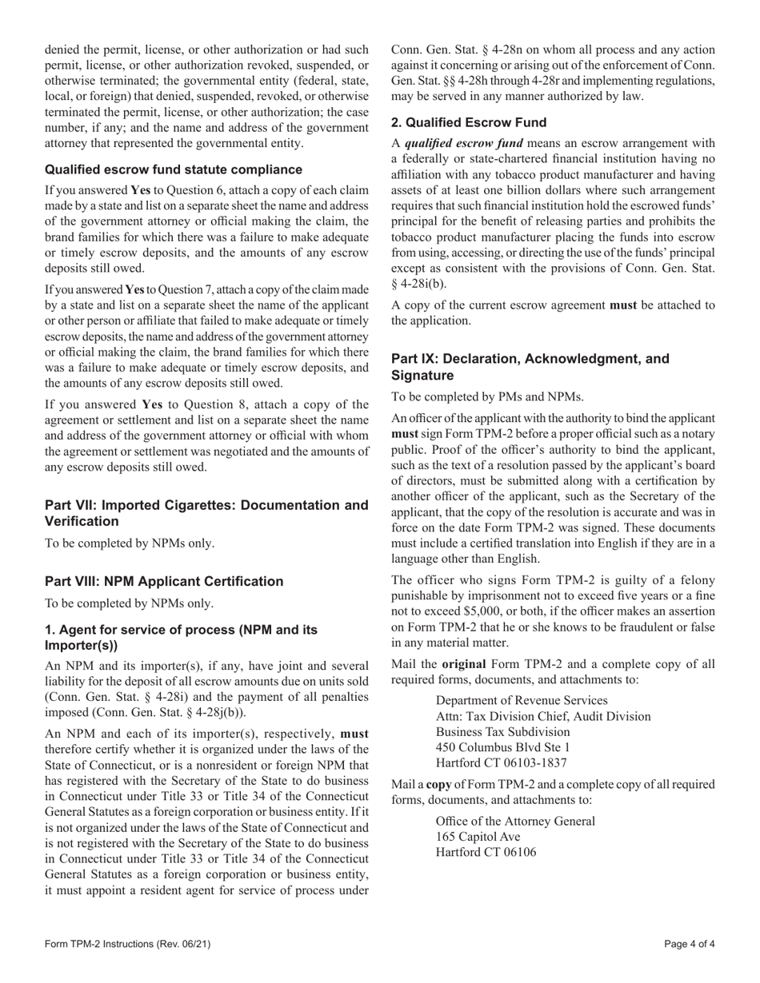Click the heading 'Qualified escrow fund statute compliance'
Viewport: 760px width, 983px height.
(174, 169)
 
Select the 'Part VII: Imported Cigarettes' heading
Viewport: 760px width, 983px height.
(206, 513)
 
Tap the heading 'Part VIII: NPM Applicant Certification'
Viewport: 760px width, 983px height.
(164, 581)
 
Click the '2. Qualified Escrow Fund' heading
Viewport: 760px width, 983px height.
(469, 122)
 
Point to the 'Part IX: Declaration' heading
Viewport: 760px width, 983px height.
(530, 367)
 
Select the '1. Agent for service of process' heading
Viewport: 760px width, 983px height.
(181, 638)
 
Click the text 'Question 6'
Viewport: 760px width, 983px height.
(205, 190)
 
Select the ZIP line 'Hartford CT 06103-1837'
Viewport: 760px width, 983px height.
(501, 763)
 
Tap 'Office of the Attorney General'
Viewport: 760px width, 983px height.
(515, 821)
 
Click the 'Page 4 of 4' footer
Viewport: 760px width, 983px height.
(689, 944)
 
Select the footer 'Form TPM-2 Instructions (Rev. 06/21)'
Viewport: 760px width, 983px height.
(128, 944)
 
